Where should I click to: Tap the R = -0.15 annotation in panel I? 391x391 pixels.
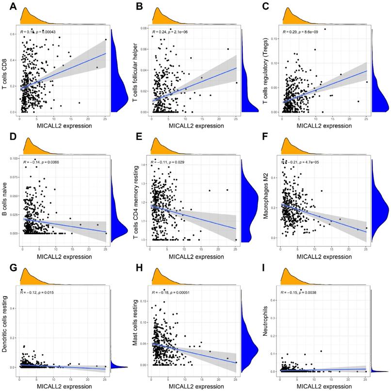pos(293,292)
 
